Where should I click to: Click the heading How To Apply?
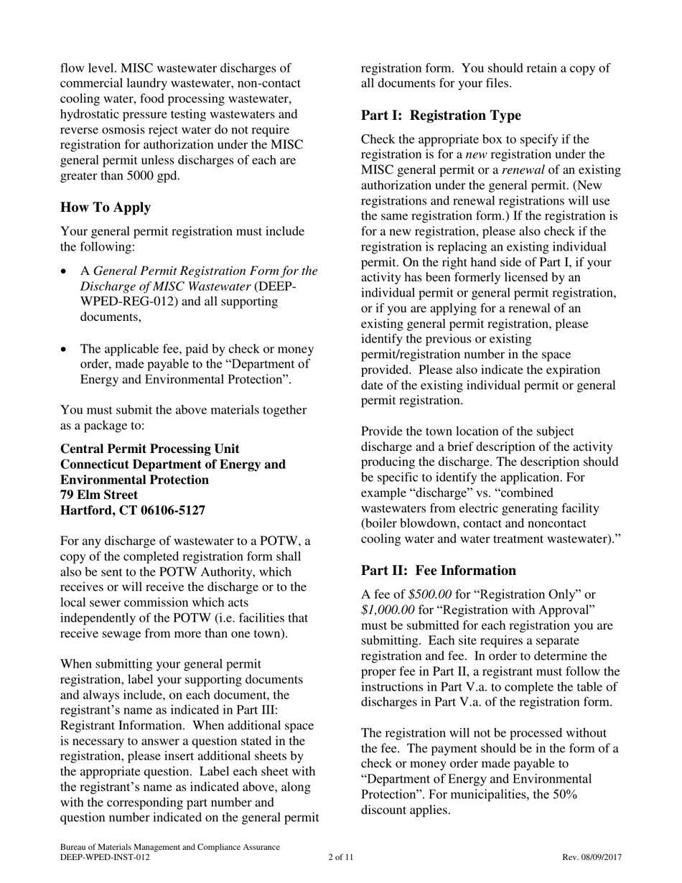[x=106, y=207]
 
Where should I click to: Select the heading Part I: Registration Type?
[x=441, y=116]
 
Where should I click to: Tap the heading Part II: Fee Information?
[x=438, y=571]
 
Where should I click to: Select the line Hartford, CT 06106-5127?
[x=133, y=510]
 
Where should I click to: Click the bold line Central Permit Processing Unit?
[x=150, y=449]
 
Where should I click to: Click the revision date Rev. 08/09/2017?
[x=592, y=857]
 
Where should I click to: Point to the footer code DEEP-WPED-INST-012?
[x=106, y=857]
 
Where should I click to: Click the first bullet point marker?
[x=65, y=272]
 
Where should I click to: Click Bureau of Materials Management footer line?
[x=169, y=847]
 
